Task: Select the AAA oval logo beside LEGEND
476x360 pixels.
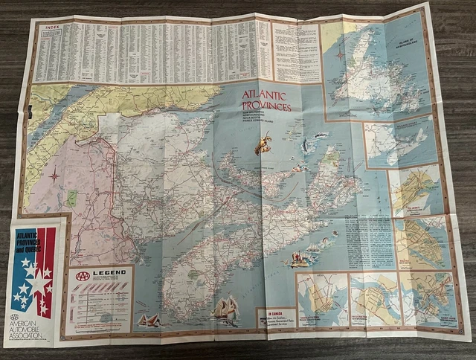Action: tap(83, 274)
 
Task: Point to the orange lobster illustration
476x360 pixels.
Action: tap(263, 143)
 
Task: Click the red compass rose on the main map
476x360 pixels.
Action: tap(54, 177)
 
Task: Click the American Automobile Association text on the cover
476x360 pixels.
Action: tap(33, 332)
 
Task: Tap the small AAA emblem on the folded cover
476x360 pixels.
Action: tap(14, 317)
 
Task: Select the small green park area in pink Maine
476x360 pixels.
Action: tap(71, 198)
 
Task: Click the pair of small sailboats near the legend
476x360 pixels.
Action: tap(148, 319)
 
